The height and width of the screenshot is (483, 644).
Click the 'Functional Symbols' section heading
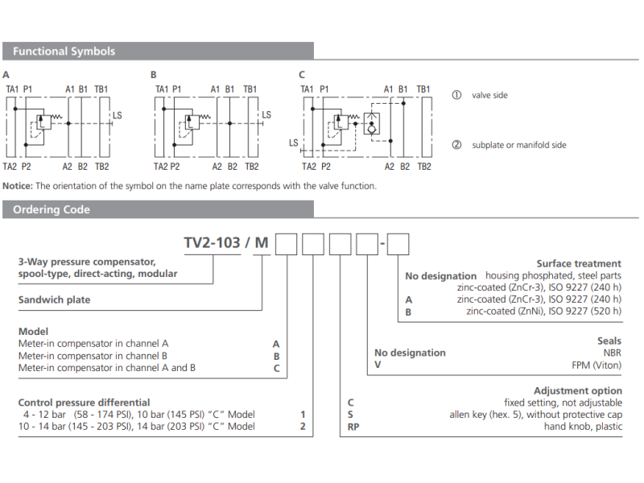click(64, 52)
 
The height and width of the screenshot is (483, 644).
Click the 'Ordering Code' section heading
click(52, 210)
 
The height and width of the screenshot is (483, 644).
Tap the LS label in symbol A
click(118, 116)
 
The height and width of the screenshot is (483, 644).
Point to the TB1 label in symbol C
click(423, 89)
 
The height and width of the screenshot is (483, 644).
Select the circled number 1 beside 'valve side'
click(456, 95)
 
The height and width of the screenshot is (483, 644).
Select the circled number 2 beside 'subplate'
click(456, 145)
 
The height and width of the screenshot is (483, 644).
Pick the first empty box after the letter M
click(287, 243)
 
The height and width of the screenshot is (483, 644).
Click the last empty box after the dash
click(398, 243)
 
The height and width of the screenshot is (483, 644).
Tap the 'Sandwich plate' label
click(55, 299)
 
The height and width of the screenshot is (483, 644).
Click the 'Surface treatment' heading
click(579, 263)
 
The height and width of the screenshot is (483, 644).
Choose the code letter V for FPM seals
click(378, 365)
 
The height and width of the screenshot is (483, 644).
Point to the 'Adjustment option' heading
click(577, 390)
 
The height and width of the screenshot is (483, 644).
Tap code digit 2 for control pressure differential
click(303, 427)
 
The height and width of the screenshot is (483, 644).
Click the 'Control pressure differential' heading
click(84, 402)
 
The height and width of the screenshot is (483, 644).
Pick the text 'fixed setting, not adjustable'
click(563, 402)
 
